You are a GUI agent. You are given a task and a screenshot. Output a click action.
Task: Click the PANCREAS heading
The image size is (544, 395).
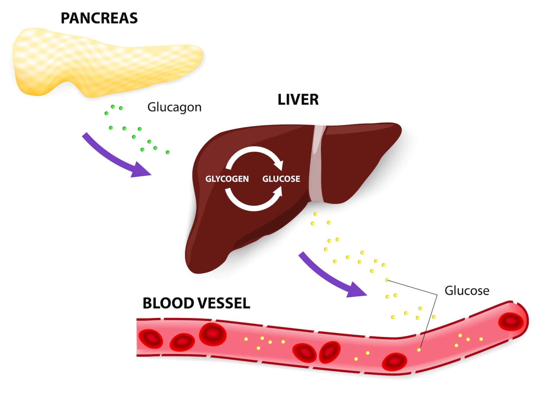click(99, 18)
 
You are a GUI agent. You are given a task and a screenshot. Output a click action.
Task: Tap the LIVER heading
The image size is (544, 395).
click(298, 100)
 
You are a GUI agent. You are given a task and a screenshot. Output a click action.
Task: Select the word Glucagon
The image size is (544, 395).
click(174, 107)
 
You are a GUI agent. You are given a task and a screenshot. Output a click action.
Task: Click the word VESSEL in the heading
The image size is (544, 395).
click(224, 303)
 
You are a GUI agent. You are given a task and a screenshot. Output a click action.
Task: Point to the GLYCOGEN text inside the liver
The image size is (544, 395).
click(227, 179)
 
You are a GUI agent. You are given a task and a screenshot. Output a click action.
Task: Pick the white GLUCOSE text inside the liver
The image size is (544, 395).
click(281, 179)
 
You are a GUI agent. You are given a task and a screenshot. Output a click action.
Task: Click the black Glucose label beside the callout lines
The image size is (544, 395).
click(467, 291)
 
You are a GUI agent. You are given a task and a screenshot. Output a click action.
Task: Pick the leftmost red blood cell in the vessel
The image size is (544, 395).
click(150, 339)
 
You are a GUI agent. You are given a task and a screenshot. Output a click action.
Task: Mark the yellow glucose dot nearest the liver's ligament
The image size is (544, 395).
click(315, 214)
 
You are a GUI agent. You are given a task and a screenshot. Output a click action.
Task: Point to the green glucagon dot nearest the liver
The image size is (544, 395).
click(168, 152)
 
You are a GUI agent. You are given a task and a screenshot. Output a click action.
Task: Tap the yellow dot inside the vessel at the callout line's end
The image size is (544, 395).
click(419, 350)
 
